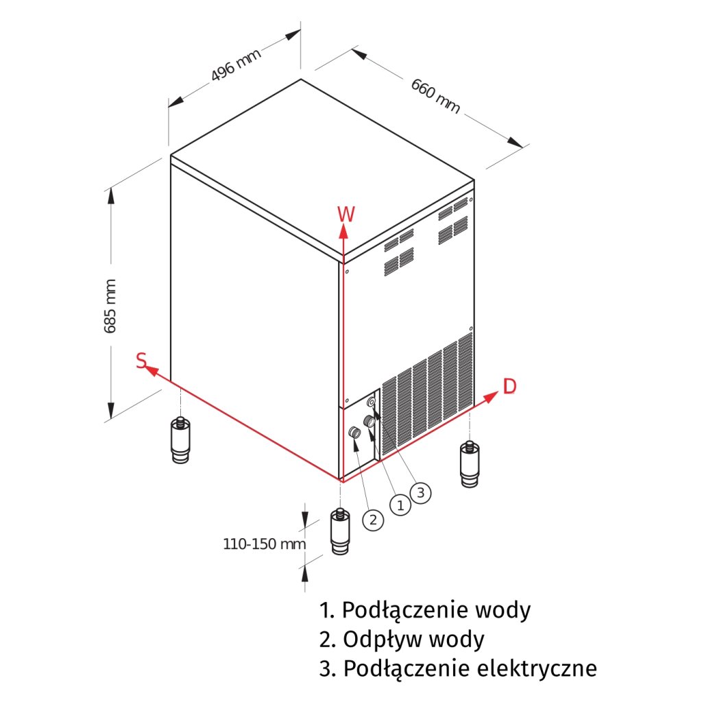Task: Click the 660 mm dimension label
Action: pos(435,96)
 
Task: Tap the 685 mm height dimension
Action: pos(110,306)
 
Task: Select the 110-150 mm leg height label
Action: pos(264,544)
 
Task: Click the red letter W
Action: pos(346,214)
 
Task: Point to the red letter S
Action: pos(141,361)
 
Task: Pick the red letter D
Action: pos(509,387)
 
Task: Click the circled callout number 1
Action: pos(400,505)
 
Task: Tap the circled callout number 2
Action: pos(373,520)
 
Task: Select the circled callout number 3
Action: pos(422,492)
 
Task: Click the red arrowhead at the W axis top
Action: pos(343,232)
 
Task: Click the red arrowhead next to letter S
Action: pos(154,372)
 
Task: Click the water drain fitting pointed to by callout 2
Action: pos(355,433)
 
